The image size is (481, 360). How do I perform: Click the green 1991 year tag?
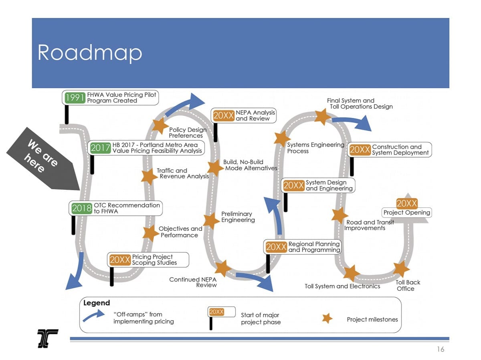point(75,98)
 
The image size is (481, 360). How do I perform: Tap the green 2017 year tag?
point(100,148)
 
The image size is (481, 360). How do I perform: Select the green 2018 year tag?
point(81,208)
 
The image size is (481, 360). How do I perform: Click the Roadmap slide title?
point(90,52)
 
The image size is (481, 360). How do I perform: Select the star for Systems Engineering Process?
point(282,138)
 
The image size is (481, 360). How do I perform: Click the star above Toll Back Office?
point(401,269)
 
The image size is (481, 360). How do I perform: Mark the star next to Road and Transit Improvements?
point(339,215)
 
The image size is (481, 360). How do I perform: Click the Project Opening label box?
point(407,212)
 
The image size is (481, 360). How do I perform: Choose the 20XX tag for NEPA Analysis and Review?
point(223,116)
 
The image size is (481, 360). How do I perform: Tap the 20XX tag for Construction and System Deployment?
point(360,150)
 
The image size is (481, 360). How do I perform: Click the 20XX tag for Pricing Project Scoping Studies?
point(119,260)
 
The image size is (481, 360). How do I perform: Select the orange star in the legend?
point(327,318)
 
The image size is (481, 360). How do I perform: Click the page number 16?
point(441,350)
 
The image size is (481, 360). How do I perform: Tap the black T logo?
point(48,338)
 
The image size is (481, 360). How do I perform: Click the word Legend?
point(97,303)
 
